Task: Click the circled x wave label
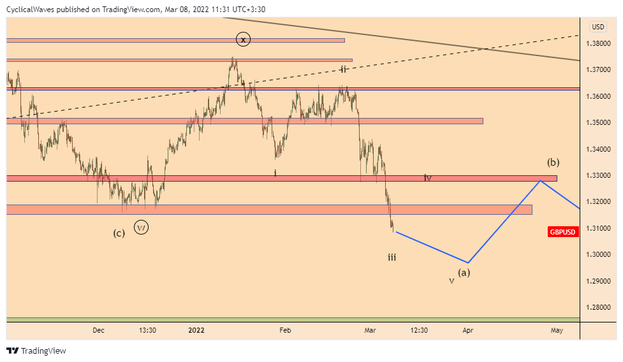[242, 40]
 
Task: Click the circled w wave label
[142, 227]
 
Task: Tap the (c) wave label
[119, 233]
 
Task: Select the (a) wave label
[464, 272]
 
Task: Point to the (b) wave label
[553, 162]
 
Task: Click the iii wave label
[392, 257]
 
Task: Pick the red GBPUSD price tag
[563, 233]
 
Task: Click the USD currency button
[598, 27]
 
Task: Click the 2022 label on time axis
[196, 330]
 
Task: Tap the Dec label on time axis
[98, 330]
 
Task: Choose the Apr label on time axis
[467, 330]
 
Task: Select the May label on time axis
[557, 330]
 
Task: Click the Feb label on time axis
[285, 330]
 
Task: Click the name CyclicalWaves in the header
[33, 10]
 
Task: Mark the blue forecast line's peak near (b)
[541, 181]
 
